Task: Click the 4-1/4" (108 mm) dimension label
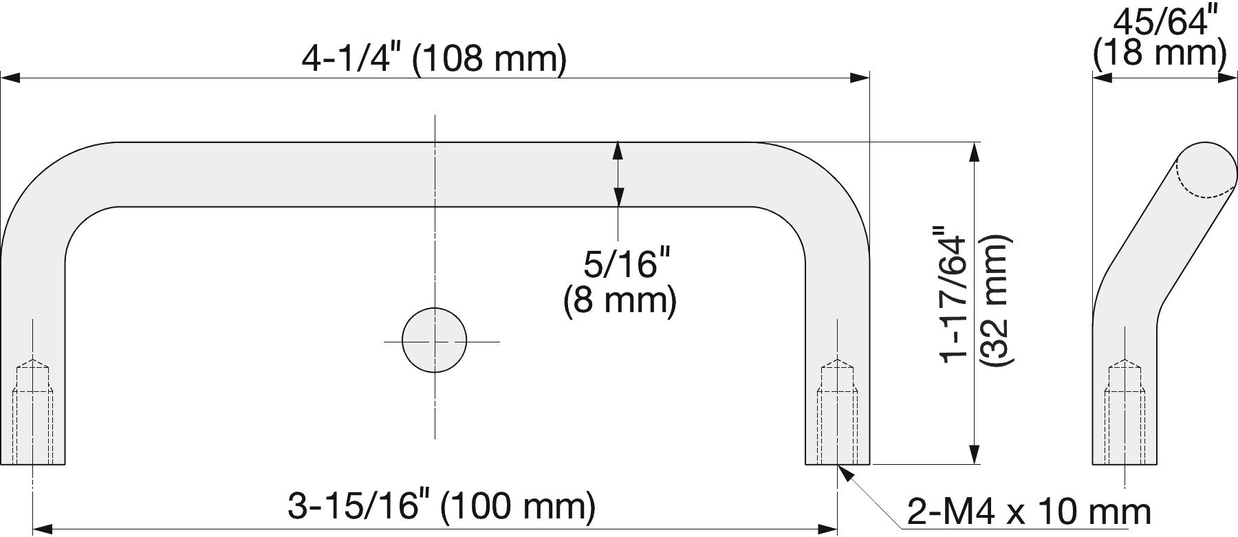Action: tap(434, 59)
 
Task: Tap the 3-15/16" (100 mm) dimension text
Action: tap(441, 507)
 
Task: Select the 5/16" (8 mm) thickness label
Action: tap(620, 282)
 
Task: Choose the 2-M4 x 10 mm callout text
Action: tap(1029, 512)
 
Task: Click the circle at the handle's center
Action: tap(434, 340)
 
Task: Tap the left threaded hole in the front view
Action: tap(32, 412)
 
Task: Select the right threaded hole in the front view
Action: tap(837, 412)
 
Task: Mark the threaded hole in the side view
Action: tap(1125, 412)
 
